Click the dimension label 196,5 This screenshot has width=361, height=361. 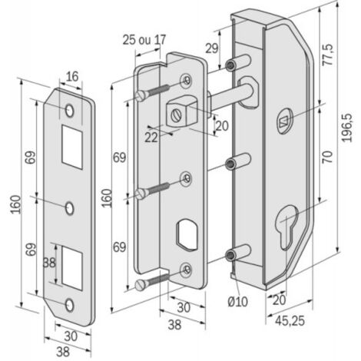point(347,128)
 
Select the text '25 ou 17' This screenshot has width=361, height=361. point(144,40)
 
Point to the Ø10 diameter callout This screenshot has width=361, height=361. point(238,301)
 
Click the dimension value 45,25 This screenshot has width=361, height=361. point(290,320)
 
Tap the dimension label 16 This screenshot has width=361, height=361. point(72,76)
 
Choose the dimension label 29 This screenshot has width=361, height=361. point(212,48)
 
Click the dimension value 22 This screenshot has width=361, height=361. point(151,137)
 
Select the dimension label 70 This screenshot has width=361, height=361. point(327,157)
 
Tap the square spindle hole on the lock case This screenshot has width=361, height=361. point(284,121)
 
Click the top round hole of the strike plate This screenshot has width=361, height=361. point(69,111)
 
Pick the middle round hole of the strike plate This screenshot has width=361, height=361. point(69,208)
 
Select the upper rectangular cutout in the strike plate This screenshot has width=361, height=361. point(72,147)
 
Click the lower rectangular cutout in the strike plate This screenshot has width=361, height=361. point(72,267)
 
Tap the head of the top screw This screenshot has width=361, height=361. point(141,96)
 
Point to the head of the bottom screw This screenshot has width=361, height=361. point(141,285)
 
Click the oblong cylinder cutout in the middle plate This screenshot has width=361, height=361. point(187,233)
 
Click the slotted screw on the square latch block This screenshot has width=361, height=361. point(176,115)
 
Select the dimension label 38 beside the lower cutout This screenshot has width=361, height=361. point(49,263)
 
